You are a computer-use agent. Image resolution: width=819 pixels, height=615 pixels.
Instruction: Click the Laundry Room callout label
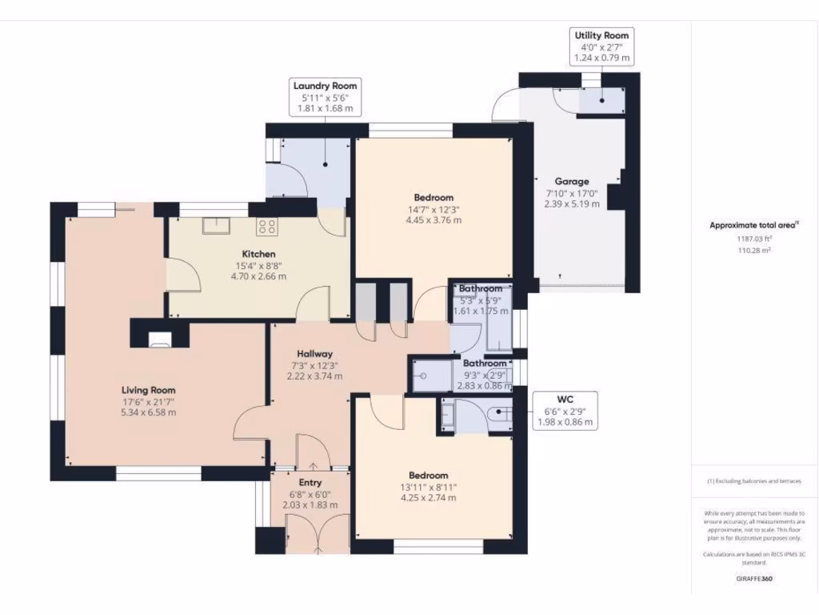(x=325, y=97)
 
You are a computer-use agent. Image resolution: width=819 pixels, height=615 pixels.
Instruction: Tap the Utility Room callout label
(x=601, y=46)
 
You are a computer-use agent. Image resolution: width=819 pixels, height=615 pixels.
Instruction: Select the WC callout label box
(x=565, y=411)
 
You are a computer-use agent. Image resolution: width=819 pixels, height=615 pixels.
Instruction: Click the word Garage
(x=572, y=182)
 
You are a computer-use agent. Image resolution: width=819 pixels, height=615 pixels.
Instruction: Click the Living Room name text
(x=148, y=391)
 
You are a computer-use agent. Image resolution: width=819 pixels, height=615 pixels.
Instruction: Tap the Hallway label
(x=314, y=353)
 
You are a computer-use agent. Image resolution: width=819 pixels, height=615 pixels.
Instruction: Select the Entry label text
(x=310, y=483)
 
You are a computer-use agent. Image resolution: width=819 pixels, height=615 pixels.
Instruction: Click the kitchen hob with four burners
(x=266, y=227)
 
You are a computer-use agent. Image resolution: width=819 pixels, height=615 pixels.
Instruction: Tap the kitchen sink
(x=217, y=226)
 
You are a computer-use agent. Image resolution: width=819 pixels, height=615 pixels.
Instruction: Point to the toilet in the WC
(x=496, y=414)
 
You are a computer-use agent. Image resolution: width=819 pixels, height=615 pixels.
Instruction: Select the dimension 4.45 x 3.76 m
(x=433, y=220)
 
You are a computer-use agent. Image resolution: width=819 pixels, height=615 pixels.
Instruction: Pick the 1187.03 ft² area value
(x=754, y=239)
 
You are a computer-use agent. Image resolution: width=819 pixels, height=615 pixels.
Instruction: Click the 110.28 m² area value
(x=754, y=251)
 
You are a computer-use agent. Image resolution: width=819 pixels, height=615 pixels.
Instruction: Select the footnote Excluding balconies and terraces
(x=754, y=481)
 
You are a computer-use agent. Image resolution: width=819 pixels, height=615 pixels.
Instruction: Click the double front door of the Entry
(x=318, y=534)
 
